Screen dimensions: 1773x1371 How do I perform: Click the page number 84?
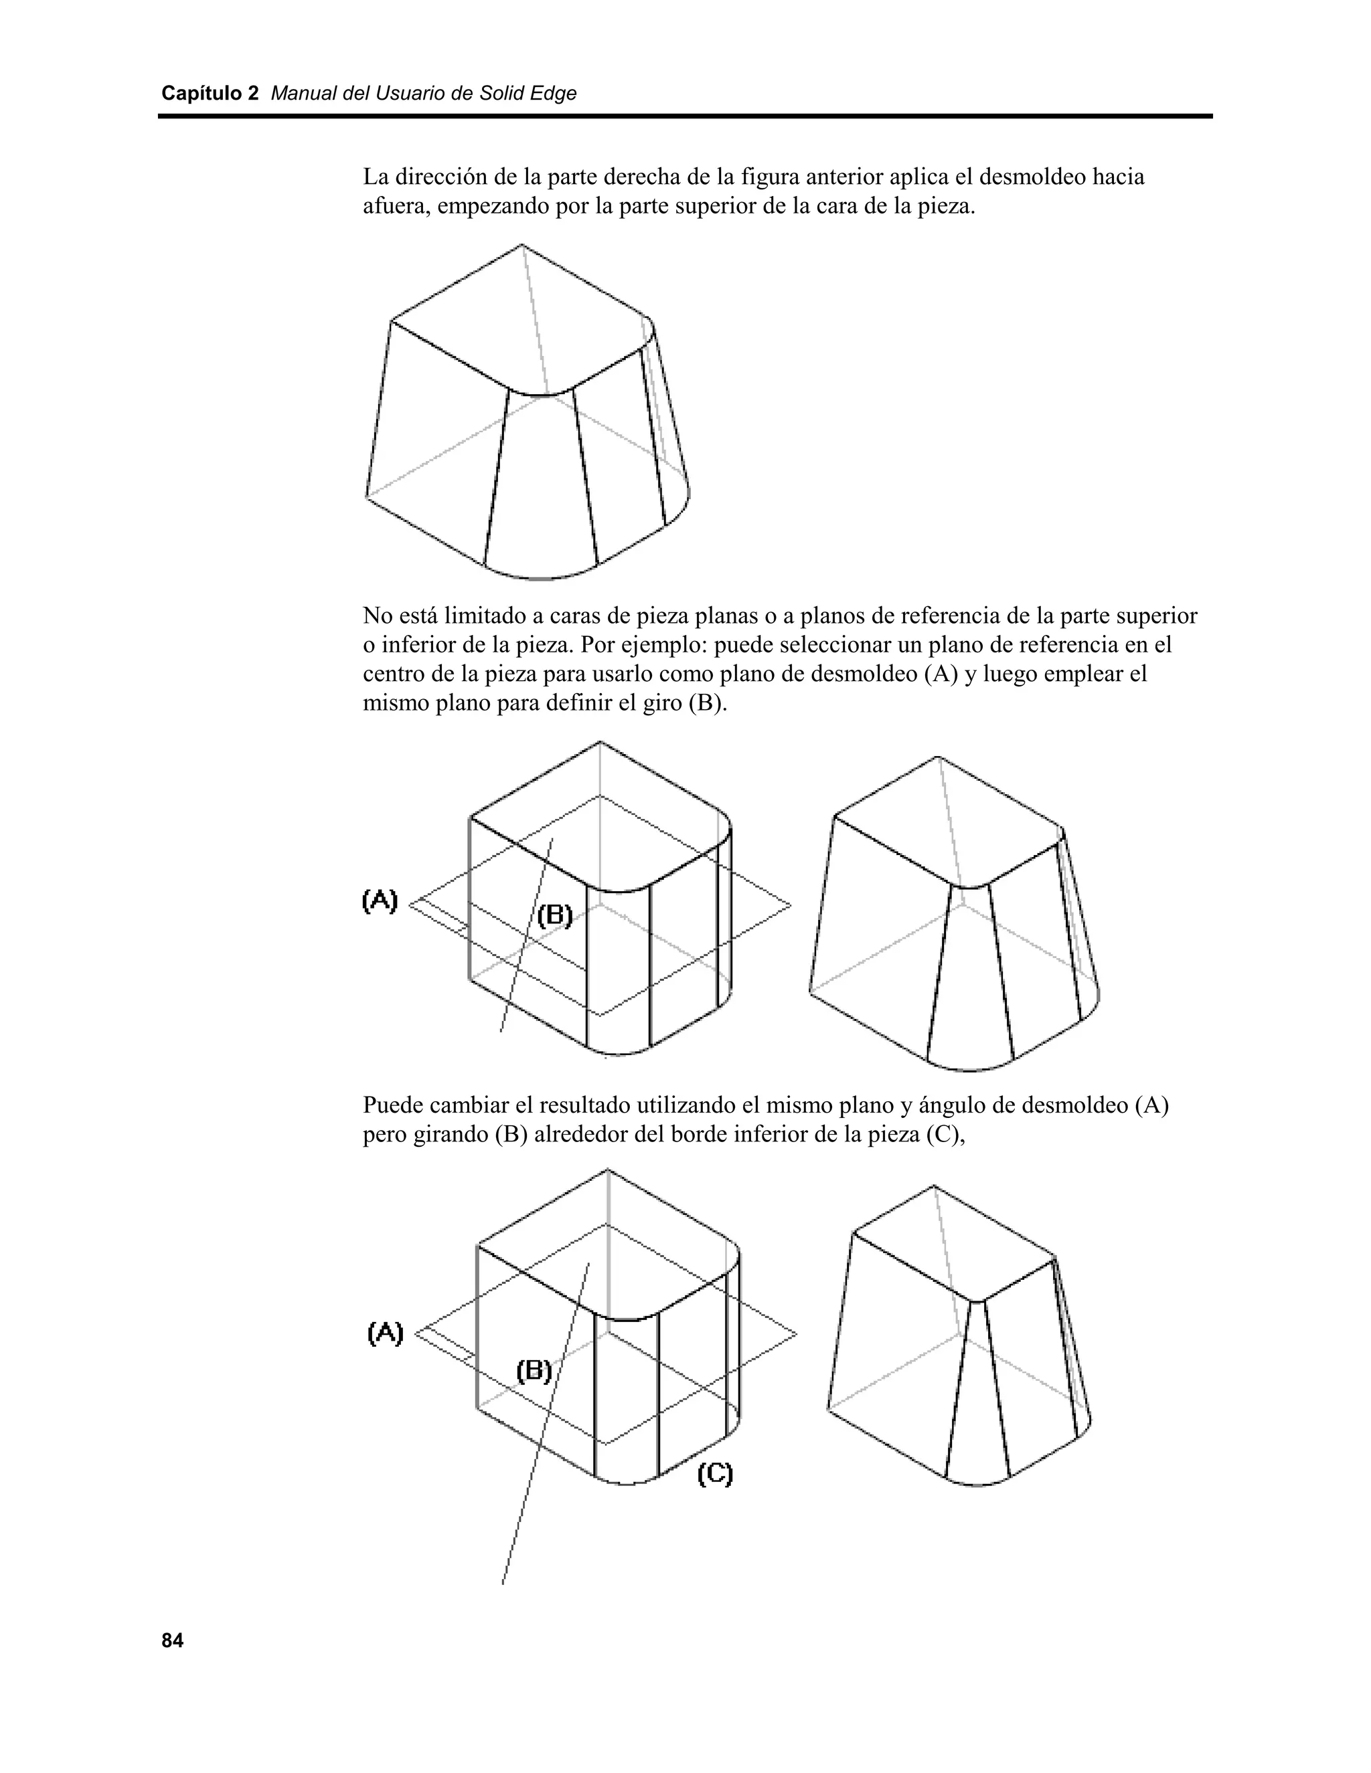pyautogui.click(x=172, y=1641)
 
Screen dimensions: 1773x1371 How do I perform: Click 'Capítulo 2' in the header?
pyautogui.click(x=210, y=94)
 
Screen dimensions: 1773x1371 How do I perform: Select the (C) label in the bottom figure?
pyautogui.click(x=715, y=1473)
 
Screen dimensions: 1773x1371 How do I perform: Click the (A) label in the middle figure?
pyautogui.click(x=380, y=901)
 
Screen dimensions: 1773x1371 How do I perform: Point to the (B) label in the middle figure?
pyautogui.click(x=556, y=916)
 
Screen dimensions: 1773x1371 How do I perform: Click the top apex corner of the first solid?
pyautogui.click(x=521, y=244)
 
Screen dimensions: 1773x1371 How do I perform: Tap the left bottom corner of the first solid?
pyautogui.click(x=366, y=496)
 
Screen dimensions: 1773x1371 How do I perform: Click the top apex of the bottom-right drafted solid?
pyautogui.click(x=933, y=1186)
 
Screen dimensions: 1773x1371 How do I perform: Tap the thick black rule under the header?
pyautogui.click(x=685, y=117)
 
